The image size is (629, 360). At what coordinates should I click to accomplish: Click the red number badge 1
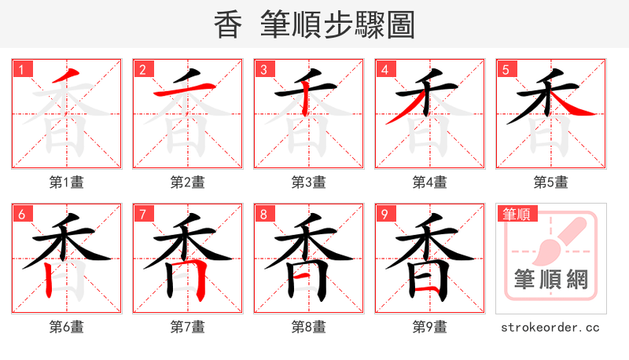pos(21,69)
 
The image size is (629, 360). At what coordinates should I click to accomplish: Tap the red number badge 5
pos(506,69)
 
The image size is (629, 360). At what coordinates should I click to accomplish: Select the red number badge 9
pos(384,214)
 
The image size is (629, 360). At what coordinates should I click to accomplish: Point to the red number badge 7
pos(142,214)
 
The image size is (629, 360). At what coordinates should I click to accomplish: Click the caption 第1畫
pos(67,182)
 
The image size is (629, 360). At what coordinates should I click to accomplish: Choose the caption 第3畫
pos(309,182)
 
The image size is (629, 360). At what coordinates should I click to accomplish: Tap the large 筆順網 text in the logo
pos(550,279)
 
